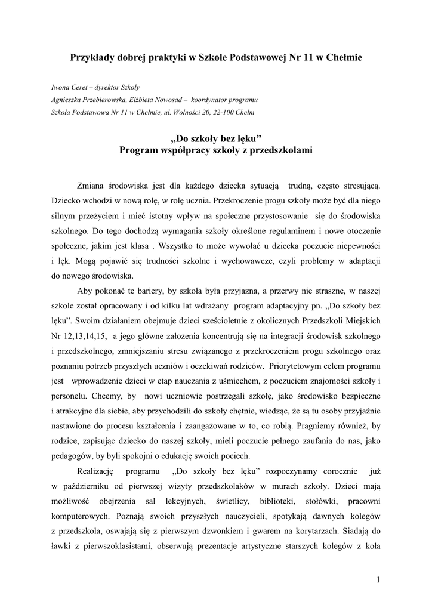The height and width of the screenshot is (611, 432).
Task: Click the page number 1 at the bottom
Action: point(378,580)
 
